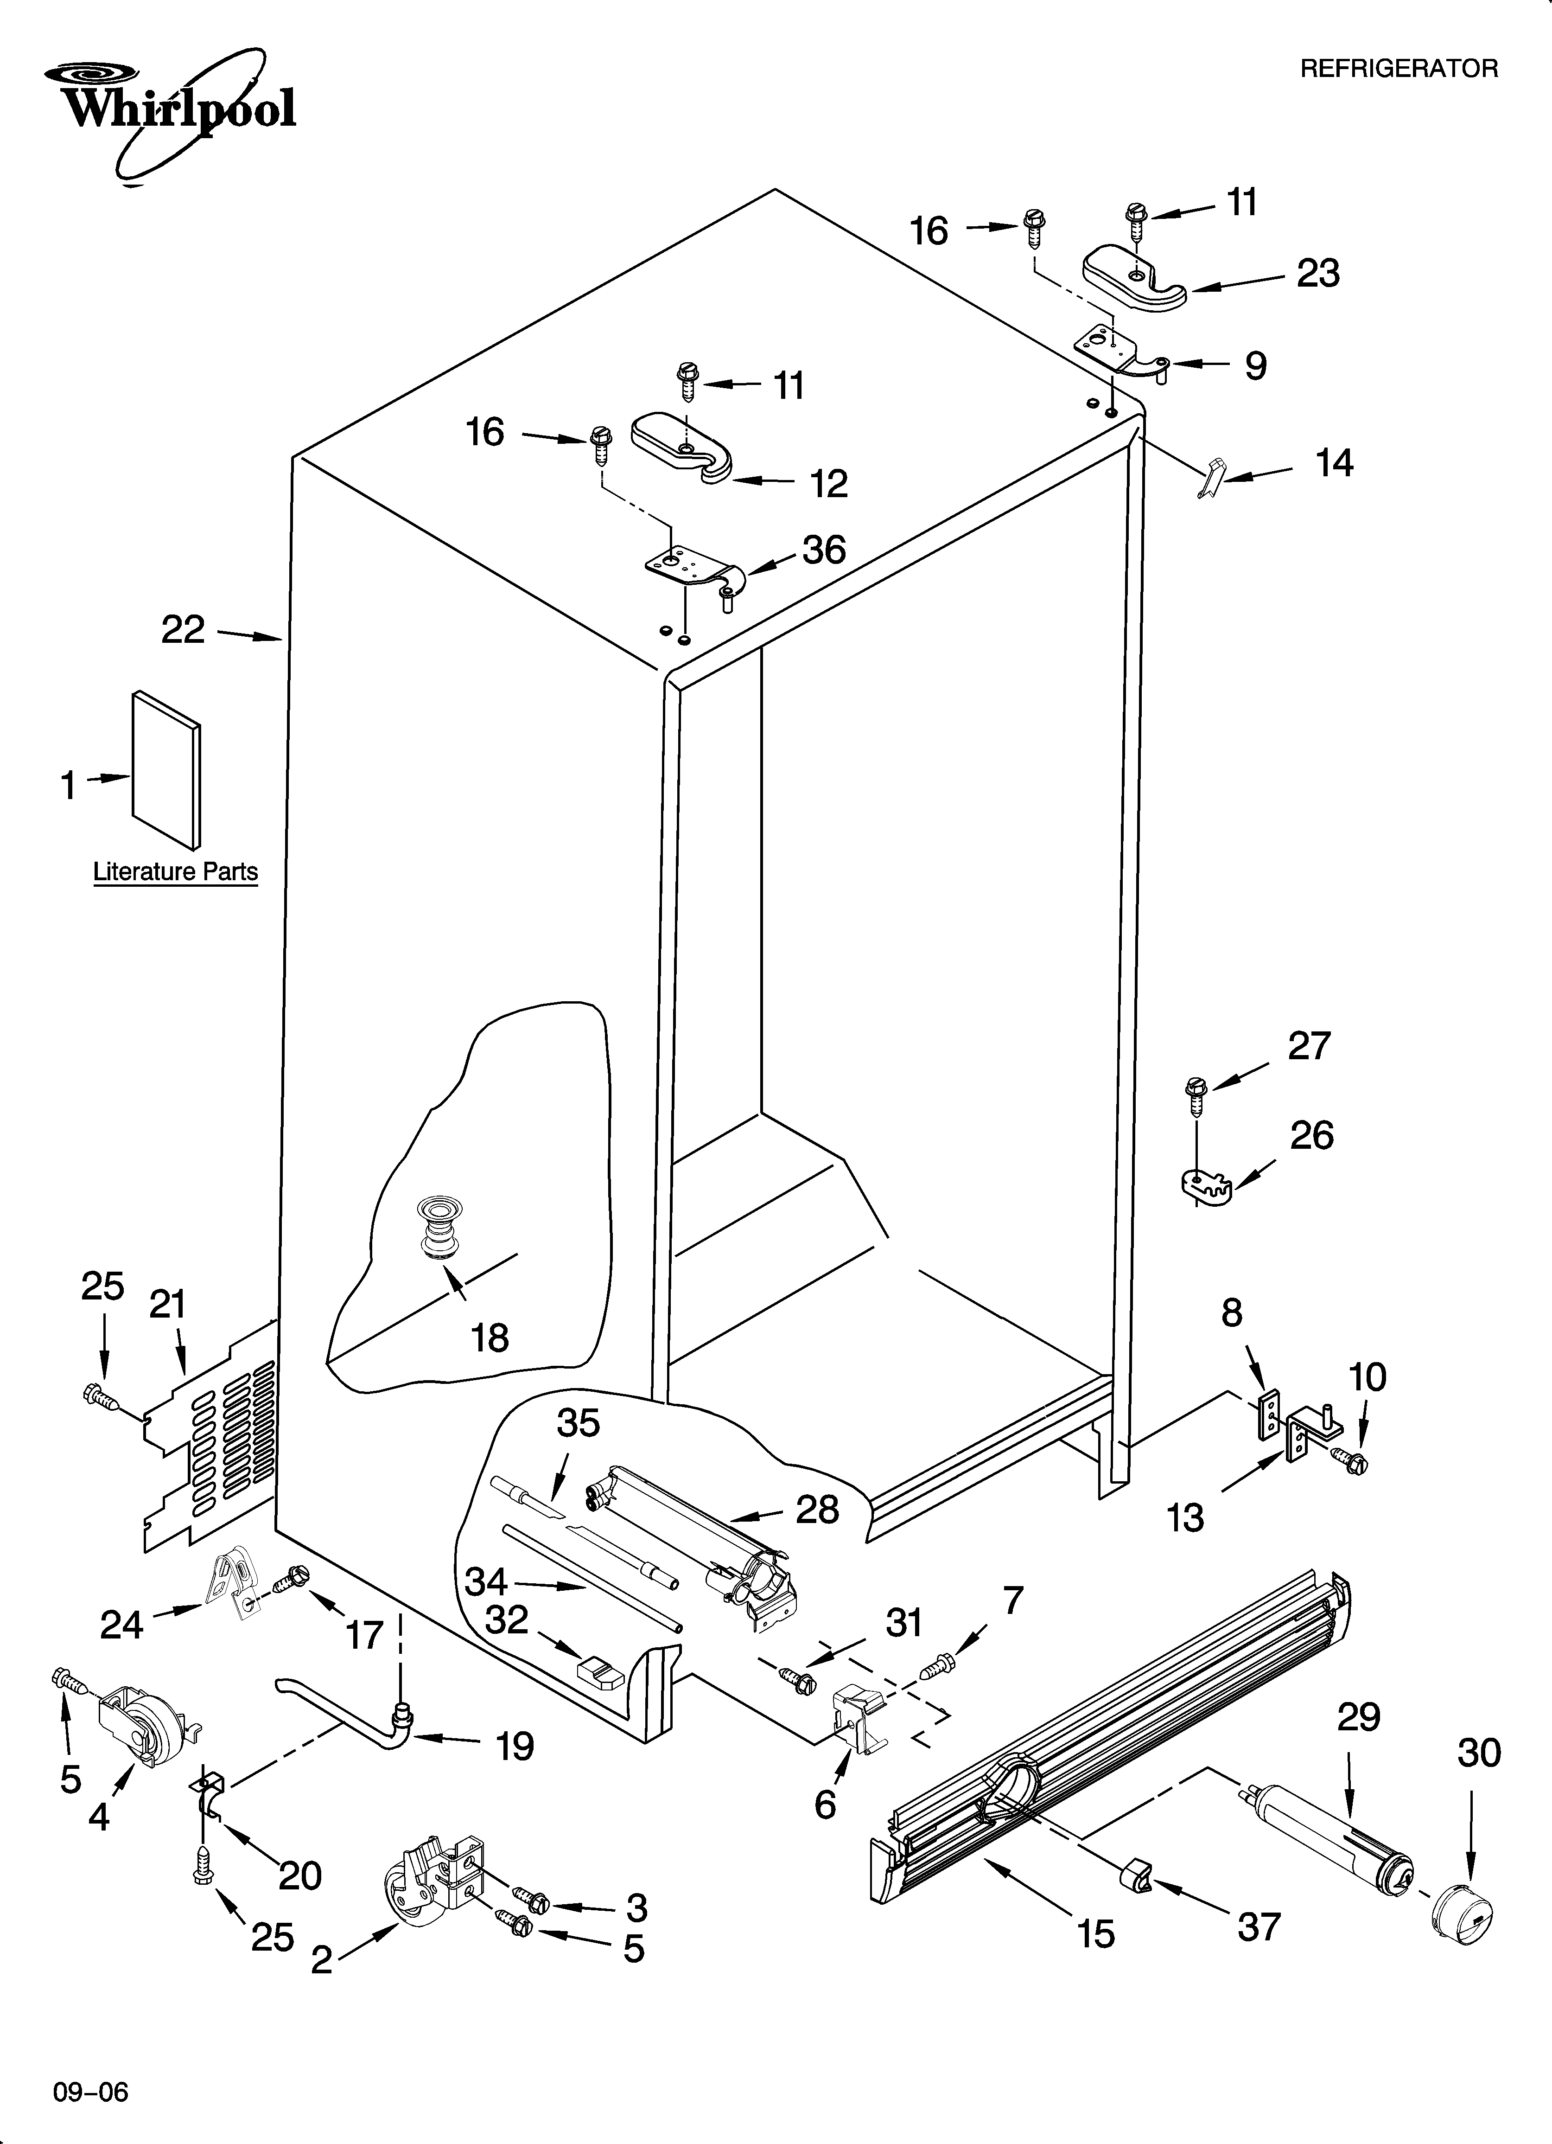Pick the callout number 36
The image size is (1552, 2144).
(823, 549)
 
